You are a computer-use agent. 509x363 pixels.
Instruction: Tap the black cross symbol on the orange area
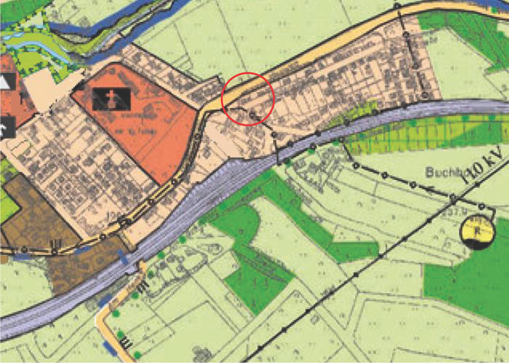[x=112, y=99]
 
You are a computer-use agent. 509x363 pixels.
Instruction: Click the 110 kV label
[x=483, y=164]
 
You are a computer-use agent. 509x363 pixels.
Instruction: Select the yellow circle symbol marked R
[x=477, y=232]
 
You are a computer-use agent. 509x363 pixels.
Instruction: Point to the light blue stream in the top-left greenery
[x=35, y=46]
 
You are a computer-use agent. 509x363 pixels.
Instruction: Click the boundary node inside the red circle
[x=252, y=115]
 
